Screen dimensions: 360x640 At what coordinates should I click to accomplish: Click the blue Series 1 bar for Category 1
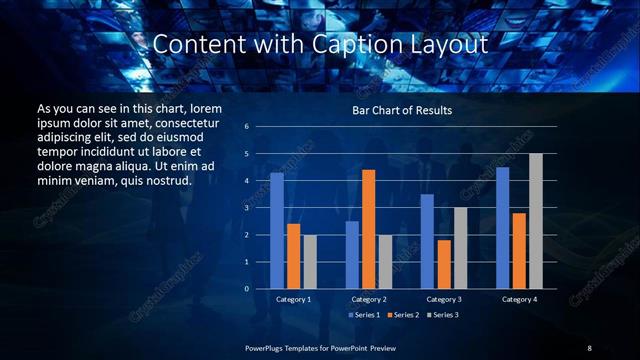pos(277,231)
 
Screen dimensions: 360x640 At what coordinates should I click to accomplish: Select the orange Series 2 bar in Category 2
pos(369,229)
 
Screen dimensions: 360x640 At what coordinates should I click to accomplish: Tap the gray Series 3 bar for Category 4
pos(536,221)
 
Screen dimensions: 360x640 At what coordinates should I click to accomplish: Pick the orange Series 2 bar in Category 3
pos(444,264)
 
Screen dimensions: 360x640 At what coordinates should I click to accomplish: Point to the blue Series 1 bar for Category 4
pos(503,228)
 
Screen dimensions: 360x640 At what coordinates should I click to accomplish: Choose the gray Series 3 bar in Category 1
pos(310,262)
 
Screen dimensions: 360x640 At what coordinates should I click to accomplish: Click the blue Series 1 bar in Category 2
pos(352,255)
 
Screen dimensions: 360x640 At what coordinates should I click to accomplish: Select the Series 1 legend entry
pos(363,315)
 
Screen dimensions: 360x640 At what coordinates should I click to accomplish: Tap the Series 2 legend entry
pos(402,315)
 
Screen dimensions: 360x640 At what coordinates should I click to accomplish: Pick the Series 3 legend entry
pos(442,315)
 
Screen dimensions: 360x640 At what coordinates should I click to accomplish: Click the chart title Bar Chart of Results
pos(402,110)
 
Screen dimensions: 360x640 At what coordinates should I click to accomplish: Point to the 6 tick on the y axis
pos(246,127)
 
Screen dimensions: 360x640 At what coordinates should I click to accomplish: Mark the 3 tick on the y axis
pos(246,208)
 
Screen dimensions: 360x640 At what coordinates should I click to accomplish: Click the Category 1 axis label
pos(294,299)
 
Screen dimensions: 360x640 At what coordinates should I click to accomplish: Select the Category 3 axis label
pos(444,299)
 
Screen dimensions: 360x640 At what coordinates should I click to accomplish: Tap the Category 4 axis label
pos(519,299)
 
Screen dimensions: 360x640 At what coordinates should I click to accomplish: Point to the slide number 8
pos(589,347)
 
